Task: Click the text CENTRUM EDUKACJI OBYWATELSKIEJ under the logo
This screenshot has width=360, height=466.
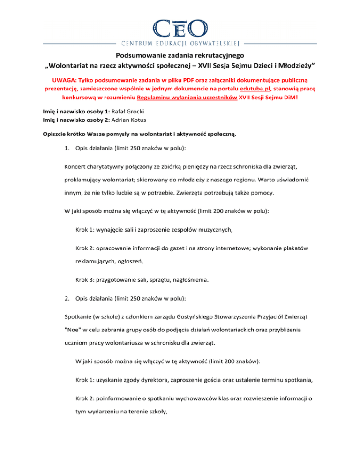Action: tap(180, 45)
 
